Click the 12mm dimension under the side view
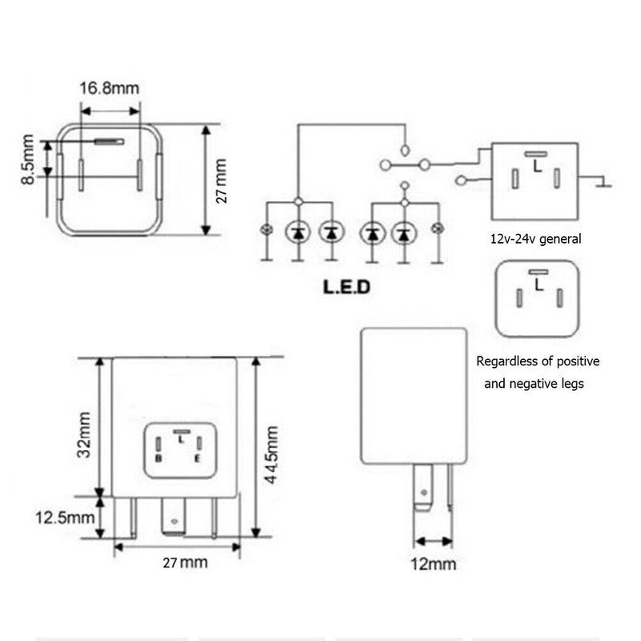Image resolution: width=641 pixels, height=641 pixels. click(x=433, y=563)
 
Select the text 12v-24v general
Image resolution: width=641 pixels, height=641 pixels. click(x=535, y=238)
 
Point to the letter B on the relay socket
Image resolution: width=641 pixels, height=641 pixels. click(x=159, y=458)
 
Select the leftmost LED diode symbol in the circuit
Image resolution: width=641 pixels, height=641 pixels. click(x=298, y=232)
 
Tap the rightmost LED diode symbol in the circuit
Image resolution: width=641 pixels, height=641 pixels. click(x=404, y=233)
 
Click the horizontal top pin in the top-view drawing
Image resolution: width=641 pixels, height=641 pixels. click(x=110, y=142)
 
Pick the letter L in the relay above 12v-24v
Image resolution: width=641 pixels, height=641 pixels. click(x=534, y=167)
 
